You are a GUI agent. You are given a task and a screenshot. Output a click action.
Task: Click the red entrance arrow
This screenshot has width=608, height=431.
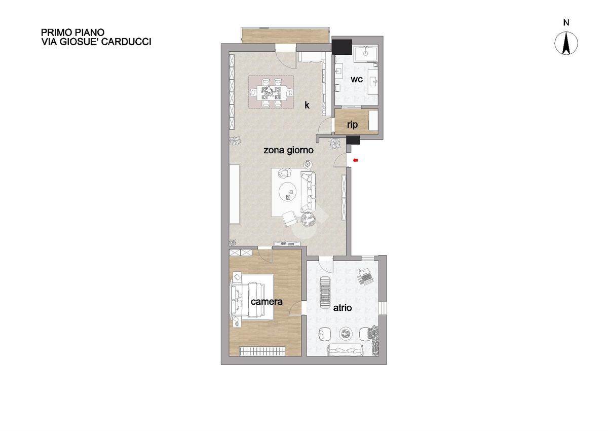click(x=355, y=160)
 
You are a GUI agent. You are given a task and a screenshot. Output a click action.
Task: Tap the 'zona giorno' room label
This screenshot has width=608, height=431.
click(x=288, y=150)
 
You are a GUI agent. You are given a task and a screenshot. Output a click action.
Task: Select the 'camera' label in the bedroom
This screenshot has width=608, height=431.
click(x=267, y=302)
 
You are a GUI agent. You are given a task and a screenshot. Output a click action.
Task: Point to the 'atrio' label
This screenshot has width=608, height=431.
click(x=343, y=308)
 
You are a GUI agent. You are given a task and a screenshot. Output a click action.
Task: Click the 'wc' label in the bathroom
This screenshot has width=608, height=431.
click(x=357, y=79)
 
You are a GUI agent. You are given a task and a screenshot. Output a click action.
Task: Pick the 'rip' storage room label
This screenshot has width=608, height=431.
click(x=352, y=125)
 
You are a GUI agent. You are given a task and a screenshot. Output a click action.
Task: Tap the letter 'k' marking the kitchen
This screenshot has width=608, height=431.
click(x=307, y=105)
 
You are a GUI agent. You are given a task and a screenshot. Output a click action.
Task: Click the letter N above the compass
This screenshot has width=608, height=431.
click(x=566, y=23)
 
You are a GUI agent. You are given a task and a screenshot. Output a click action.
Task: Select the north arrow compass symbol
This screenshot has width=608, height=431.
click(x=566, y=43)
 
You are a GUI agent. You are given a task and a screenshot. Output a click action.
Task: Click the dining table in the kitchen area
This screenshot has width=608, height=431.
click(x=272, y=93)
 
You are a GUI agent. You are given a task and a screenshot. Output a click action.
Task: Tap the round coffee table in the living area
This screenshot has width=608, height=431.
click(x=288, y=191)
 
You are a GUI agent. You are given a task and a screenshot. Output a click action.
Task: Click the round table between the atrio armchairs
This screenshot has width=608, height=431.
click(x=346, y=333)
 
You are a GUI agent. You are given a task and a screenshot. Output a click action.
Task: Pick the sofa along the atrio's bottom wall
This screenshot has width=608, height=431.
click(x=346, y=349)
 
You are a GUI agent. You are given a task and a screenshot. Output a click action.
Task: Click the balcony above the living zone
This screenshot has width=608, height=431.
click(x=285, y=35)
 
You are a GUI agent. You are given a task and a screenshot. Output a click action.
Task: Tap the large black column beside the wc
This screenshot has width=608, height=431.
click(x=342, y=47)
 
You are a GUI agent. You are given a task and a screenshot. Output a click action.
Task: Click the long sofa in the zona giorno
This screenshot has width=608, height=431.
click(x=309, y=192)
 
